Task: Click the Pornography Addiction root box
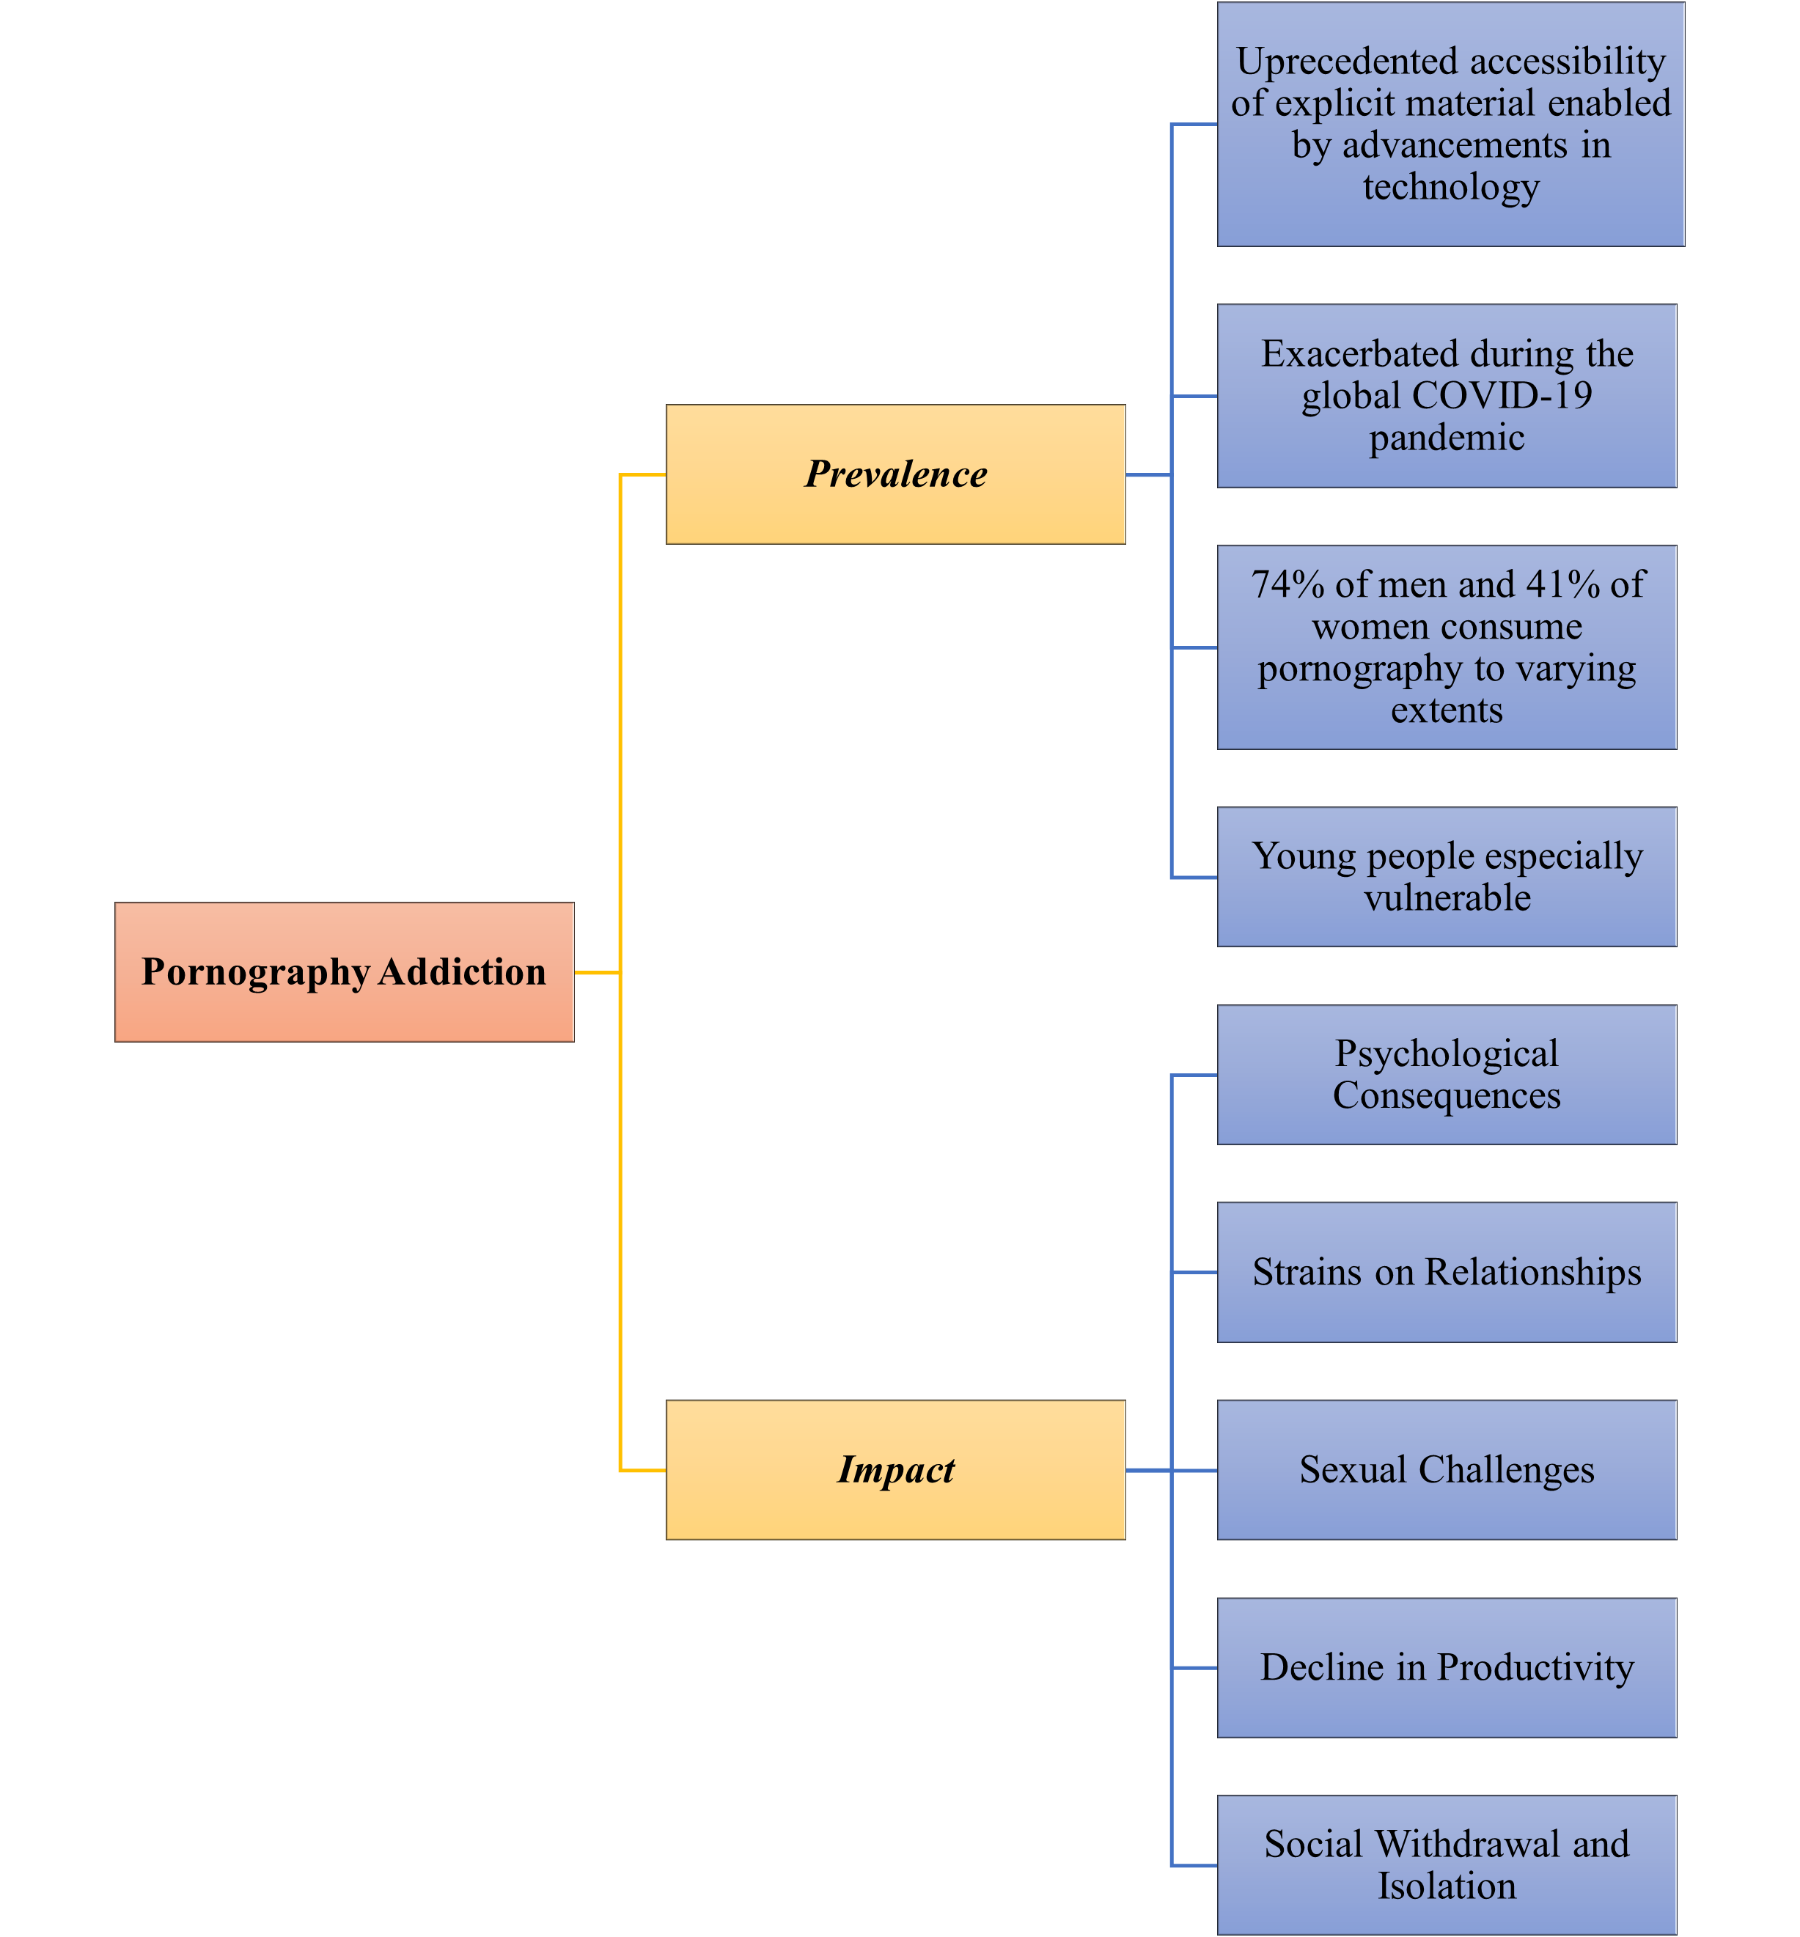coord(344,972)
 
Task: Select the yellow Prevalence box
coord(895,474)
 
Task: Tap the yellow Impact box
coord(895,1469)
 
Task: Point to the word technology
coord(1450,186)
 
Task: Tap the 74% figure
coord(1287,584)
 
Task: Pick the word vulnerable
coord(1447,897)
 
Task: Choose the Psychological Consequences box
coord(1447,1074)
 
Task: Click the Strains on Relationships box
coord(1447,1272)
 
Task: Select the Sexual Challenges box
coord(1447,1469)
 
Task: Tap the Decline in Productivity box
coord(1447,1667)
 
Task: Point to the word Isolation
coord(1447,1886)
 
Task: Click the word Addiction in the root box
coord(462,972)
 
